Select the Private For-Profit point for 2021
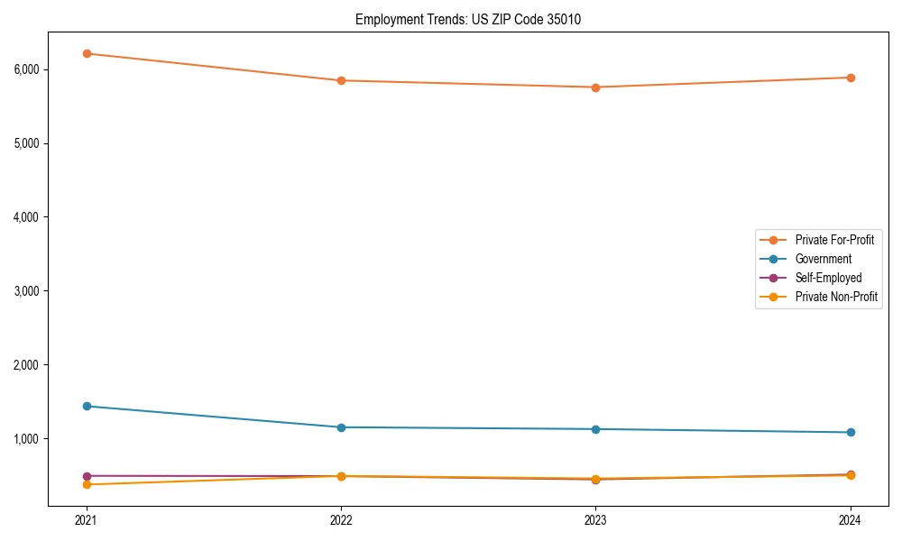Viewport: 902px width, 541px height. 87,53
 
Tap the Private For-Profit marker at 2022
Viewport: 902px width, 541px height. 341,80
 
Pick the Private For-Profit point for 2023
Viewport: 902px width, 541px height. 595,87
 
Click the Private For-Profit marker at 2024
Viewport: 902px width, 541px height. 851,78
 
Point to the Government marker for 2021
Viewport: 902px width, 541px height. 87,406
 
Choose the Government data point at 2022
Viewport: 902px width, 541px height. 341,427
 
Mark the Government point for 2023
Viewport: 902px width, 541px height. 595,429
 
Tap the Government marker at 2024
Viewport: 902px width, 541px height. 851,433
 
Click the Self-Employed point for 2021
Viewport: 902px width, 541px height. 87,476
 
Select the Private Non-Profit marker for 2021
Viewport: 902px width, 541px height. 87,485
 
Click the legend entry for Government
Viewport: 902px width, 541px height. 823,259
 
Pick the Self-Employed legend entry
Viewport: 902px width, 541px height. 828,278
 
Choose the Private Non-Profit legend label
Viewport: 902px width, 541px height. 836,297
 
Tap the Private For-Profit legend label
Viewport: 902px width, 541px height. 834,240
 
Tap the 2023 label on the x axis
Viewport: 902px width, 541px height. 595,520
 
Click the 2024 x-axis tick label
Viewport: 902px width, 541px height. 851,520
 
